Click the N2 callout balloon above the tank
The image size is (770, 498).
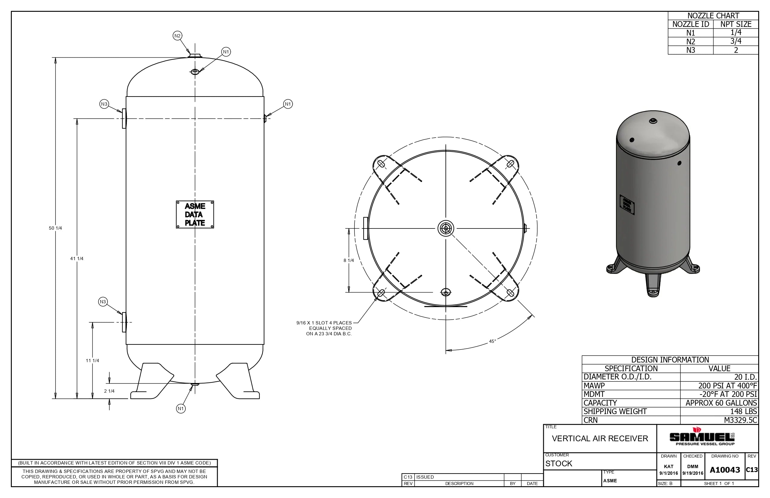coord(177,36)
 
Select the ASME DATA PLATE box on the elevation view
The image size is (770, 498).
coord(195,214)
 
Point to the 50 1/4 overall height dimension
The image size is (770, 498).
coord(55,228)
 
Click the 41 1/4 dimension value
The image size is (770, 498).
coord(77,259)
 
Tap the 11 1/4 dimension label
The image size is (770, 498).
coord(92,361)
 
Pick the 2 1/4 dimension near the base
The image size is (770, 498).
coord(109,391)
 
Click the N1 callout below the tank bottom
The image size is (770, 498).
coord(181,409)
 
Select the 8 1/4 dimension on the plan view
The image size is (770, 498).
coord(348,260)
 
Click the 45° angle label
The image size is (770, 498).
coord(492,341)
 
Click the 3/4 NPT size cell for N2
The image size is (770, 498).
coord(736,41)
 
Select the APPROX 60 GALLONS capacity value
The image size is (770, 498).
coord(721,403)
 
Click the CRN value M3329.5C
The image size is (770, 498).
coord(740,420)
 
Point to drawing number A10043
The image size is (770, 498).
coord(725,470)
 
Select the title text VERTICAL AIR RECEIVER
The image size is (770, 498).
coord(600,439)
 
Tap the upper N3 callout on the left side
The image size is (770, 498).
coord(104,104)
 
